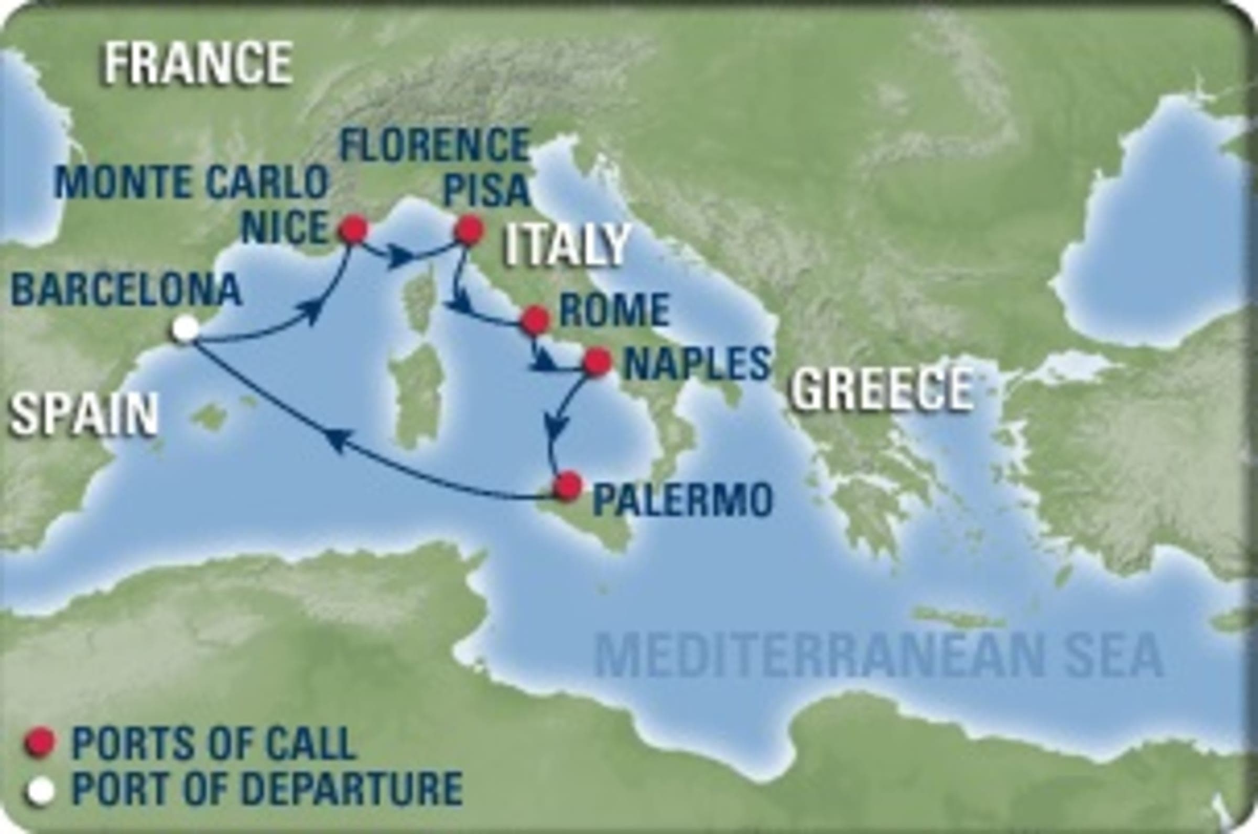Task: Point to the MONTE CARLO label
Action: (191, 183)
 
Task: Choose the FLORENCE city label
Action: (433, 144)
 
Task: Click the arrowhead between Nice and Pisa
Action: (403, 258)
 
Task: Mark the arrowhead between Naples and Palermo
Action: (556, 425)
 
